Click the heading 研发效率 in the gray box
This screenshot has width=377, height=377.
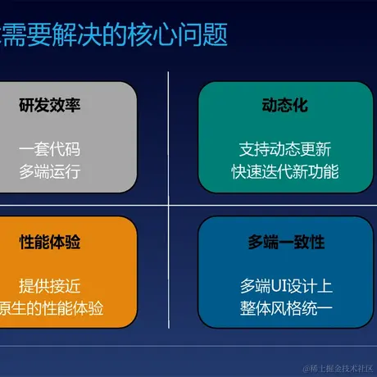[x=50, y=106]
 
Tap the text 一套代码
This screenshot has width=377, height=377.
[x=50, y=149]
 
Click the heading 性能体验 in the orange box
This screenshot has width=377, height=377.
[x=50, y=243]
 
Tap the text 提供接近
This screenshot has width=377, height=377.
[x=50, y=286]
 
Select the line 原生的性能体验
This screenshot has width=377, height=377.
[x=52, y=308]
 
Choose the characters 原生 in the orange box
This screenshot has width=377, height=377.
[x=11, y=308]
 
